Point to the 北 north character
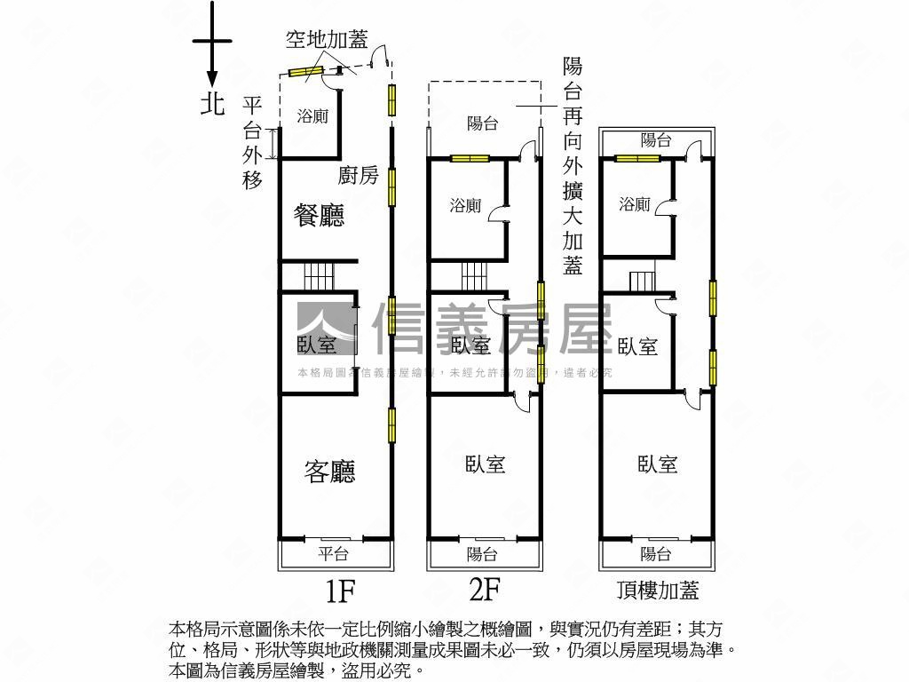(x=212, y=105)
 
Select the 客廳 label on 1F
(x=330, y=472)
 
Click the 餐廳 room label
(x=319, y=216)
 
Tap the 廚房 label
(x=358, y=176)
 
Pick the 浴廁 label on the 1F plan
(x=312, y=116)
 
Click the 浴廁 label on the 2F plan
(x=465, y=205)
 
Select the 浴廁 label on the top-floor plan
(x=635, y=204)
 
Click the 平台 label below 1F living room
(x=334, y=554)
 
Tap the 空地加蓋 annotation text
(x=326, y=40)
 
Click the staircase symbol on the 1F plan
(x=317, y=276)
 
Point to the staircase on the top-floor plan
(x=642, y=282)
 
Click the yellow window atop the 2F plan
(x=470, y=159)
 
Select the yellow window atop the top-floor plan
(x=637, y=159)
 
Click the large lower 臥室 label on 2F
(x=485, y=464)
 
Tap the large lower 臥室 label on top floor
(x=657, y=464)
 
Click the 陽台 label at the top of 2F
(x=482, y=124)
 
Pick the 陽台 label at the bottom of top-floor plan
(x=656, y=554)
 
